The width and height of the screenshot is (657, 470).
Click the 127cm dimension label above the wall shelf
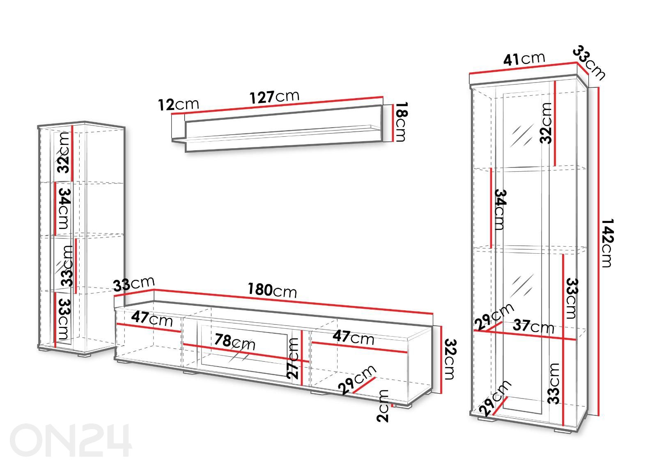pos(275,97)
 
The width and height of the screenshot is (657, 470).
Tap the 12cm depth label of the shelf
pos(178,104)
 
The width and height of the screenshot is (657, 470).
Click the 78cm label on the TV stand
pos(234,342)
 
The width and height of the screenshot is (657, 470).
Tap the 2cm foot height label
pos(383,406)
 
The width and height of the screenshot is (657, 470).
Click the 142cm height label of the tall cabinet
pos(607,243)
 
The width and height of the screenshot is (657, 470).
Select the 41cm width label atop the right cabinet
pos(524,59)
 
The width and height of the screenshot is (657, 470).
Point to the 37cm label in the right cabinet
pos(533,326)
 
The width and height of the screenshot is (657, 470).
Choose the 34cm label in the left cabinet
pos(64,209)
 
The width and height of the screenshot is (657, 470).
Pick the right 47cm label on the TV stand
pos(353,338)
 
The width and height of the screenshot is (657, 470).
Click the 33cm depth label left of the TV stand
pos(134,284)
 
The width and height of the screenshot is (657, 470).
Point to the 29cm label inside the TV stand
pos(357,380)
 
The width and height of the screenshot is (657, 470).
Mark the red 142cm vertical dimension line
pos(598,251)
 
